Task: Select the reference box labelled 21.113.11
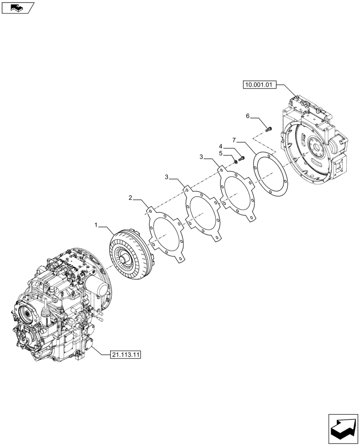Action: pyautogui.click(x=125, y=355)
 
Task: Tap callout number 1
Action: pyautogui.click(x=96, y=226)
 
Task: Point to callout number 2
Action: pyautogui.click(x=131, y=197)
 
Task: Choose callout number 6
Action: pyautogui.click(x=248, y=116)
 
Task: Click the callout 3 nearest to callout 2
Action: pyautogui.click(x=167, y=178)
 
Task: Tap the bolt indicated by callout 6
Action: pyautogui.click(x=268, y=129)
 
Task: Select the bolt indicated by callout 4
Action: pyautogui.click(x=241, y=158)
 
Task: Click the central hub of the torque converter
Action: pyautogui.click(x=123, y=258)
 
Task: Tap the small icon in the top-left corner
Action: pyautogui.click(x=17, y=7)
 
